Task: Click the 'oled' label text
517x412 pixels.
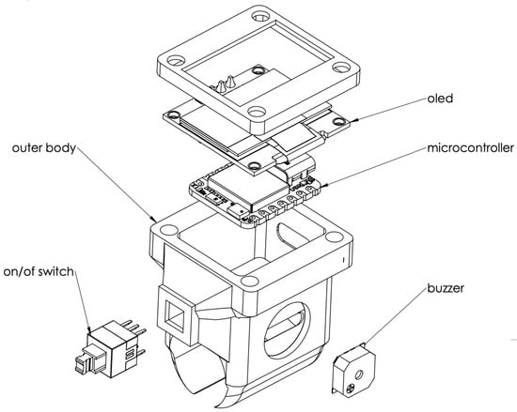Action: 440,99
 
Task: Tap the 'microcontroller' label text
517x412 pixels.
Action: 471,147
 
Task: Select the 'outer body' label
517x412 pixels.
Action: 44,147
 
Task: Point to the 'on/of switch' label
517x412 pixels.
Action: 39,272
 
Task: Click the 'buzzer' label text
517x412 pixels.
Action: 446,288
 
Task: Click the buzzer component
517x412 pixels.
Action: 353,369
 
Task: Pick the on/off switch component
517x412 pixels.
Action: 110,348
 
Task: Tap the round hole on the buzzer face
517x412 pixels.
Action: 359,374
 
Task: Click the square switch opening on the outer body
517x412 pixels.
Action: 175,315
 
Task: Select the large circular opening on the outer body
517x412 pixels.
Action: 287,330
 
